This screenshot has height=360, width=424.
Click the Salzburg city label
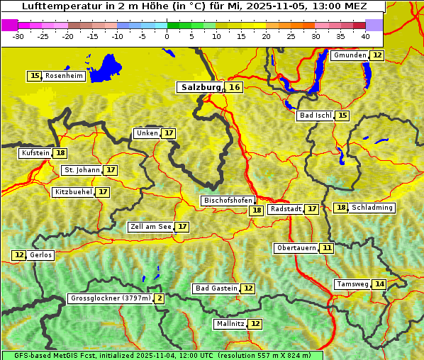(201, 87)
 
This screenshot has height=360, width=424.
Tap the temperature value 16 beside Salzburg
(234, 87)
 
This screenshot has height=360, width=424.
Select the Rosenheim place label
(64, 76)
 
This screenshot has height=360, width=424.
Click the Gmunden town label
(349, 55)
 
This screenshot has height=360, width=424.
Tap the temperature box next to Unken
(168, 133)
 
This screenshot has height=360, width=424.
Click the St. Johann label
(82, 170)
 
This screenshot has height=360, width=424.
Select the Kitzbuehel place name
(73, 192)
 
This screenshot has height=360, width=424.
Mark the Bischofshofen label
(228, 201)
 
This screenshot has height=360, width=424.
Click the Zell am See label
(151, 227)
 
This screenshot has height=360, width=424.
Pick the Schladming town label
(372, 208)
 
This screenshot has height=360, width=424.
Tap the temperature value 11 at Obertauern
(326, 248)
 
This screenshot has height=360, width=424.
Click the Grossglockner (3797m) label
(111, 298)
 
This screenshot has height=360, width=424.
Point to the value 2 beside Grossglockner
(160, 298)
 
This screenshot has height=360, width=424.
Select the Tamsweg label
(352, 284)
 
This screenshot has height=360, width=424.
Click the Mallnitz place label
(230, 324)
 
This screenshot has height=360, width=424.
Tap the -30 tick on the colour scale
(18, 35)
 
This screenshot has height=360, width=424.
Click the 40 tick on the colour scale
(365, 35)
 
